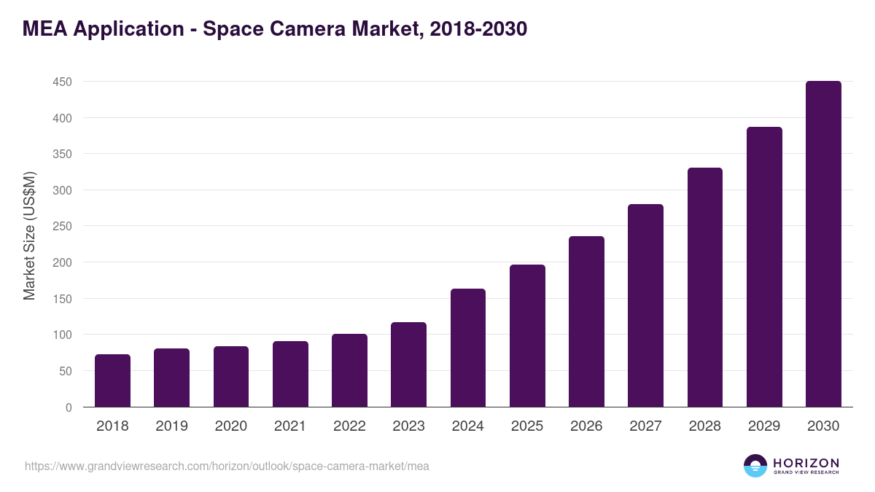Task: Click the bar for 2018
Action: (112, 380)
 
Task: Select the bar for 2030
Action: (823, 244)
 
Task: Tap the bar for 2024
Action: (468, 348)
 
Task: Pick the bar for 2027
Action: (645, 305)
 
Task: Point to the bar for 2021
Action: (290, 374)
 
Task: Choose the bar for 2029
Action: (764, 267)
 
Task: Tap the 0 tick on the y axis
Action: (69, 407)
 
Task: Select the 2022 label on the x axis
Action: (349, 426)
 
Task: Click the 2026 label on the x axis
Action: (586, 426)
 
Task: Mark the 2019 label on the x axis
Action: (171, 426)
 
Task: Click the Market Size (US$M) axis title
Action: (30, 235)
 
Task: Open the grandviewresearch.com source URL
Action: (227, 466)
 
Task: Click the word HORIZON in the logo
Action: (806, 462)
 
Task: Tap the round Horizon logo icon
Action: (755, 466)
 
